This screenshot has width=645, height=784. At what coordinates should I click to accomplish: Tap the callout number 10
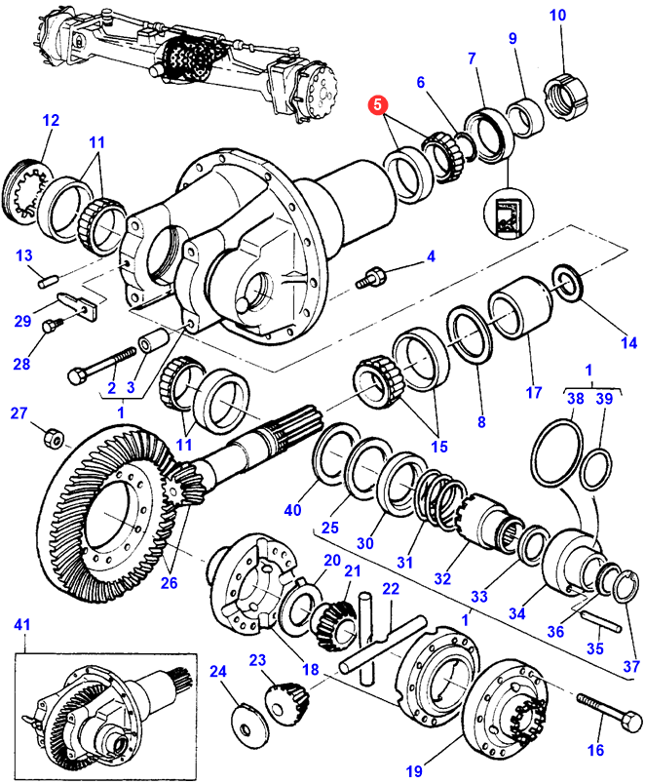click(557, 16)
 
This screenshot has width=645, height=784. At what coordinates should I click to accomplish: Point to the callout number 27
click(19, 414)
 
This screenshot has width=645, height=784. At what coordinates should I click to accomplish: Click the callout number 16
click(594, 750)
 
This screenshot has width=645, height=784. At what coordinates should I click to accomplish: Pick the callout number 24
click(217, 671)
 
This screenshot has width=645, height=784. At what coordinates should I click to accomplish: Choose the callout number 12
click(50, 121)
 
